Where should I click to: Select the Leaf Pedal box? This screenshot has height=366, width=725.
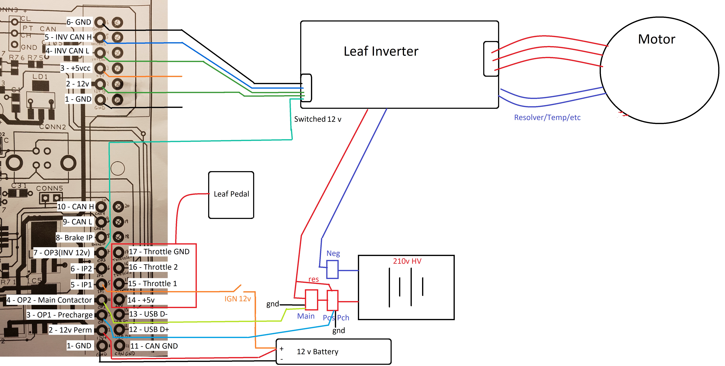coord(231,195)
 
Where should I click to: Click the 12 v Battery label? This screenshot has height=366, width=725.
coord(317,352)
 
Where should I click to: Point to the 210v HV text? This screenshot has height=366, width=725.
coord(407,261)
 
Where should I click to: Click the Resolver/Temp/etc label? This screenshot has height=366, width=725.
coord(547,117)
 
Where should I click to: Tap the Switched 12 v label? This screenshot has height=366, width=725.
coord(317,119)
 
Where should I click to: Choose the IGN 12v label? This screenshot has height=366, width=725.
coord(238,299)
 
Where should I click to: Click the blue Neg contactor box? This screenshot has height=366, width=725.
coord(332,269)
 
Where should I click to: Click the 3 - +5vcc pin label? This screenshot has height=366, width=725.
coord(75,68)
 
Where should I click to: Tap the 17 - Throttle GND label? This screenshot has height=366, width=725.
coord(159,251)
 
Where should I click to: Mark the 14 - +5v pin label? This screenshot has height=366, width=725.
coord(141,300)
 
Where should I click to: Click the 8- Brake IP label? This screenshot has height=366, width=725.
coord(74,238)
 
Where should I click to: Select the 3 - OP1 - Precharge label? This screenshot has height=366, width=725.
coord(59,315)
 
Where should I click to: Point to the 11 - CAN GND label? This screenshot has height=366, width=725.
coord(154,346)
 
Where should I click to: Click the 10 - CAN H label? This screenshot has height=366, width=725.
coord(75,207)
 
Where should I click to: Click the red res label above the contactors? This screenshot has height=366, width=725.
coord(314,279)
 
